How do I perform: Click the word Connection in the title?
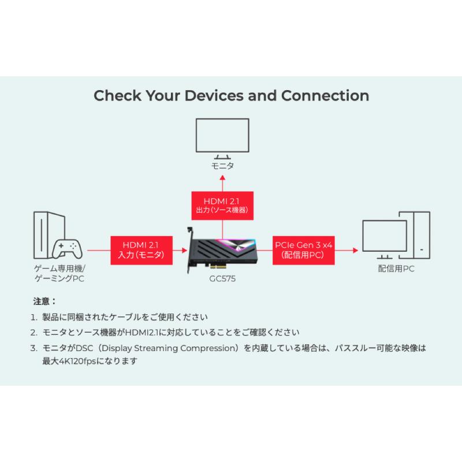(325, 95)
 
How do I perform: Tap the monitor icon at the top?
(222, 136)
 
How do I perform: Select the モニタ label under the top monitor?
(222, 165)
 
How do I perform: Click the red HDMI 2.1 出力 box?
(222, 206)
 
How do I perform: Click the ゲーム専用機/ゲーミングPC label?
(59, 274)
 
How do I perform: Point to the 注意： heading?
(46, 301)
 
